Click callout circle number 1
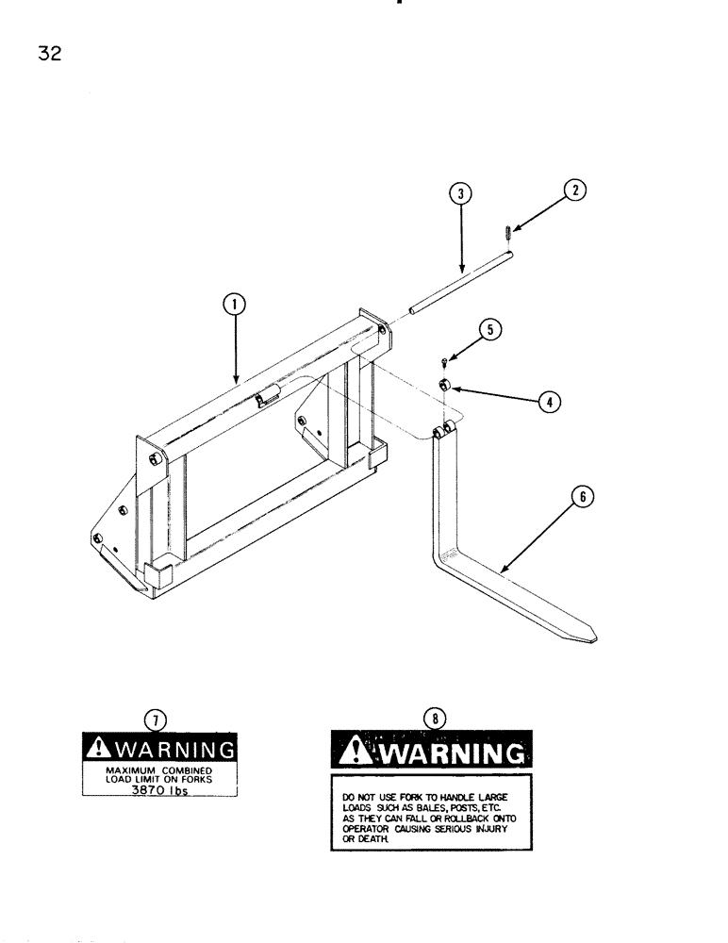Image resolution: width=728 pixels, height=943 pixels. (234, 304)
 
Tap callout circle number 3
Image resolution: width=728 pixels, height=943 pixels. (460, 194)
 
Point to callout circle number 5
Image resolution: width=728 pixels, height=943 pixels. (490, 329)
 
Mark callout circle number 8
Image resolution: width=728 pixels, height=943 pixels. (434, 719)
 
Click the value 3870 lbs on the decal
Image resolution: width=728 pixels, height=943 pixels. (158, 791)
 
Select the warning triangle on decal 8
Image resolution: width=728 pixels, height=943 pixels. (356, 752)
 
